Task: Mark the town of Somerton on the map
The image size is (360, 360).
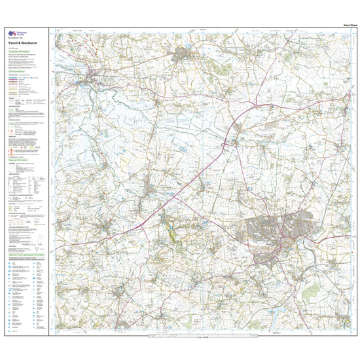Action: coord(185,60)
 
